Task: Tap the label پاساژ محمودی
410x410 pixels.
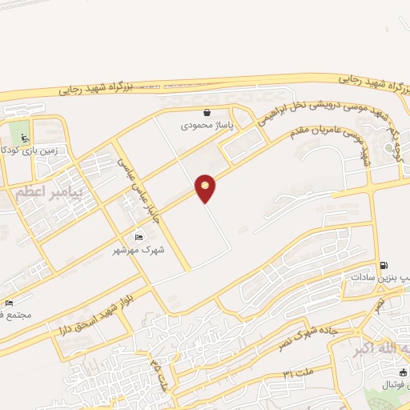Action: [x=205, y=126]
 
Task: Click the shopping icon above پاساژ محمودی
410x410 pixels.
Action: [x=207, y=113]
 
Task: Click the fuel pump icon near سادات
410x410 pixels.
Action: [x=384, y=265]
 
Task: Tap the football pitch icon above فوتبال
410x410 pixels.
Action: [x=403, y=372]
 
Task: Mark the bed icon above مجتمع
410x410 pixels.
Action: [x=9, y=303]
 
